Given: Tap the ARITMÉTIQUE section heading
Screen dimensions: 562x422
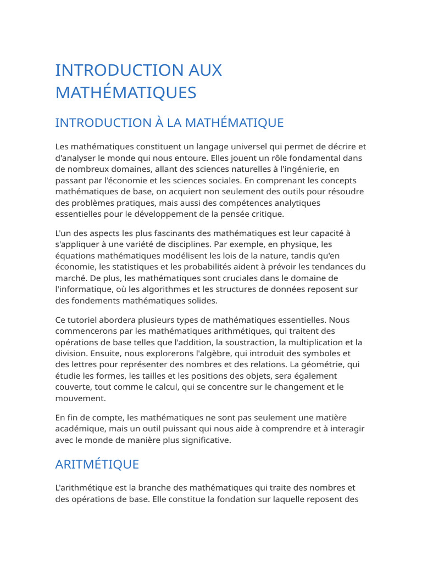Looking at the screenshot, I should click(x=97, y=464).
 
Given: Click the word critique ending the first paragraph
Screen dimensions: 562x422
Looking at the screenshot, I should click(x=265, y=214).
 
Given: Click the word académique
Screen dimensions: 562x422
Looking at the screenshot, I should click(x=79, y=429).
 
